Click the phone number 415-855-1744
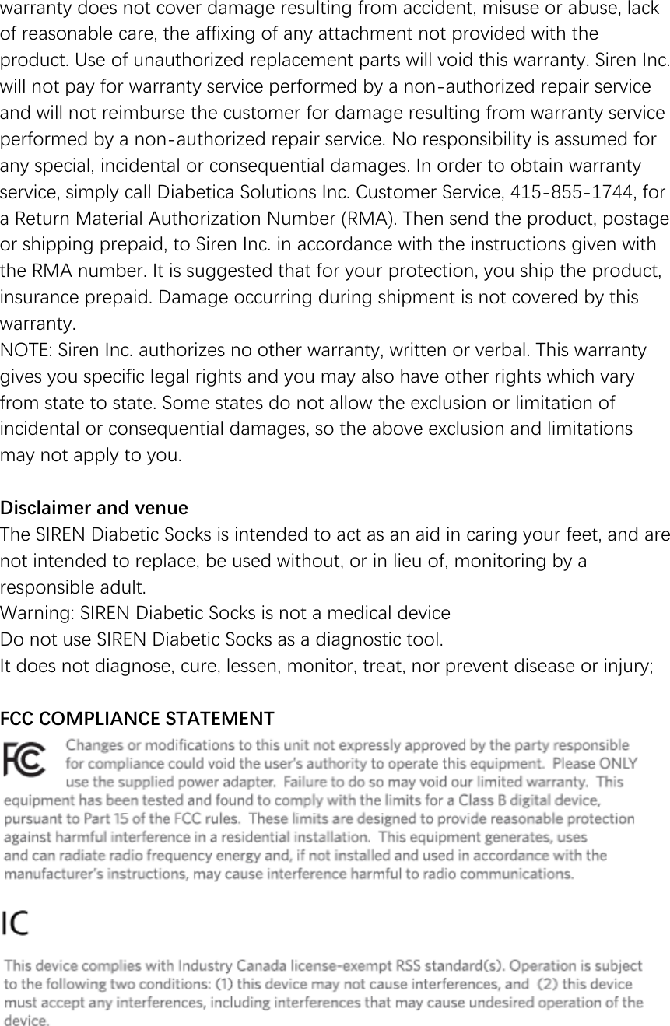point(584,191)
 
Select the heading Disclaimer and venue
point(94,509)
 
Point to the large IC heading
point(16,924)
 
